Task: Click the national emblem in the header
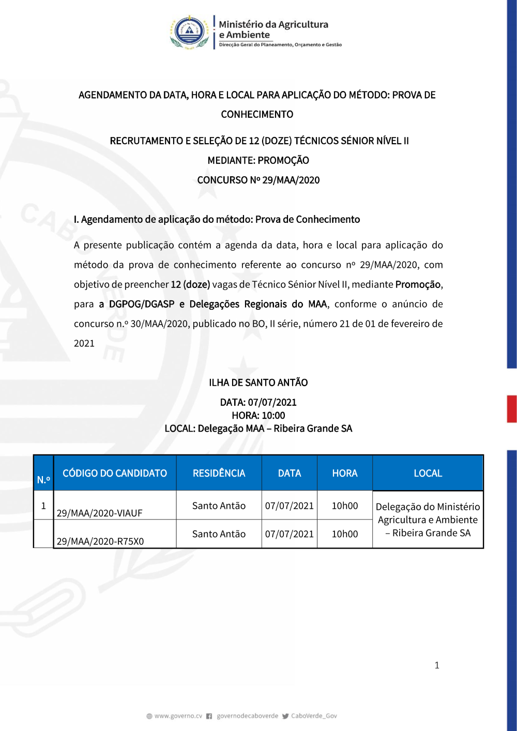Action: (x=189, y=32)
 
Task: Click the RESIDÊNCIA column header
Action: (x=219, y=473)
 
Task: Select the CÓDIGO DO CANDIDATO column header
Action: (x=115, y=473)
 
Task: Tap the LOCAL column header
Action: (x=428, y=473)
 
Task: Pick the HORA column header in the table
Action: (x=344, y=473)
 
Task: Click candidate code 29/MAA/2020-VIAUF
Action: (x=99, y=513)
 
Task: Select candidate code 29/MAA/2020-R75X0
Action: (x=100, y=541)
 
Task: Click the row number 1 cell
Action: (x=43, y=506)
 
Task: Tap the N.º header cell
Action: (x=43, y=479)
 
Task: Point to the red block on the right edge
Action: (x=511, y=409)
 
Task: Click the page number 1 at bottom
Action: (x=437, y=665)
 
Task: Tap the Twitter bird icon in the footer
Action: (x=285, y=716)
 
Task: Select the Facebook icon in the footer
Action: (x=209, y=716)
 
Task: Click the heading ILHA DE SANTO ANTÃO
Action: (x=258, y=383)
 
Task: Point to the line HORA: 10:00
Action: (x=258, y=415)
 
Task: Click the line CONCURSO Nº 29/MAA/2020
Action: (x=258, y=180)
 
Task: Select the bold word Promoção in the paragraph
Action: (x=418, y=284)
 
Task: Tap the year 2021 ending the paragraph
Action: (x=84, y=343)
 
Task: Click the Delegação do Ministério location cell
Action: (x=428, y=520)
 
